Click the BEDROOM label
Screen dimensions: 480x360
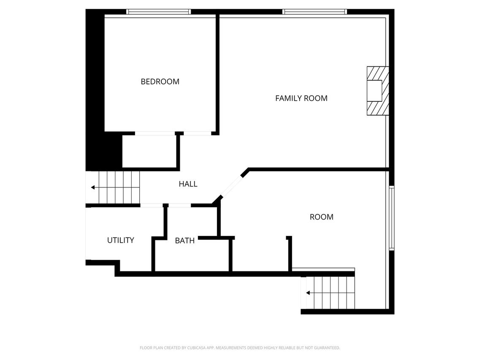(160, 81)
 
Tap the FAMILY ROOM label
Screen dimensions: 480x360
(301, 98)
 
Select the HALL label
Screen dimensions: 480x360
(188, 184)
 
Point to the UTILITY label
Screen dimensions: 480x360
(121, 240)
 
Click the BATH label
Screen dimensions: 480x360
(184, 241)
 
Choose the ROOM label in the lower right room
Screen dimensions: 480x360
(321, 217)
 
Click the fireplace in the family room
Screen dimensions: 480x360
(378, 91)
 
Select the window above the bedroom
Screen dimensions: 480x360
(159, 12)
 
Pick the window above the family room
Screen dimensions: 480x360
(315, 12)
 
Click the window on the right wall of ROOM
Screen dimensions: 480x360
(391, 218)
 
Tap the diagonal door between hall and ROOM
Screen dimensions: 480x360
(231, 186)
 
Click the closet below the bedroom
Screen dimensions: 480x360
(149, 152)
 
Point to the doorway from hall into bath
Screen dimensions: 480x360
(180, 205)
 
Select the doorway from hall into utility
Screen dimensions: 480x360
(152, 205)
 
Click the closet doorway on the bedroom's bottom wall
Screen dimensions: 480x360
(155, 133)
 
